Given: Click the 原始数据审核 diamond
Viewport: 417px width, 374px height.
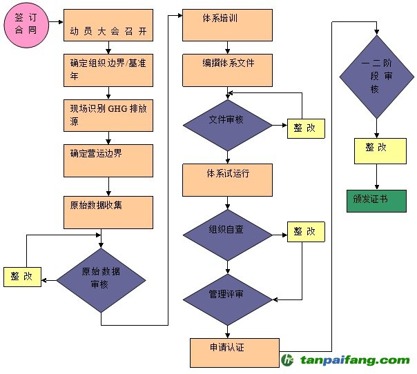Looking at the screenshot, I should click(x=101, y=279).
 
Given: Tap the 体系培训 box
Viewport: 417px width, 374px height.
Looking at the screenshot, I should click(x=227, y=25).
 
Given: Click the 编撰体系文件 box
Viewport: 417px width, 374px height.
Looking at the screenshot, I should click(x=227, y=69).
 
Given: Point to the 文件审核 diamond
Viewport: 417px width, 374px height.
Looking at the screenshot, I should click(x=229, y=124).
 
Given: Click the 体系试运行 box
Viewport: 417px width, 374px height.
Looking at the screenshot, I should click(x=227, y=179).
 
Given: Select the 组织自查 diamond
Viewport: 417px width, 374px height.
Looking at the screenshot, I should click(x=229, y=235).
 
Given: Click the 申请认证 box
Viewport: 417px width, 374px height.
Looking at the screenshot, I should click(x=235, y=352).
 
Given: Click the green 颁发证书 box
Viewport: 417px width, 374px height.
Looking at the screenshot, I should click(x=376, y=200).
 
